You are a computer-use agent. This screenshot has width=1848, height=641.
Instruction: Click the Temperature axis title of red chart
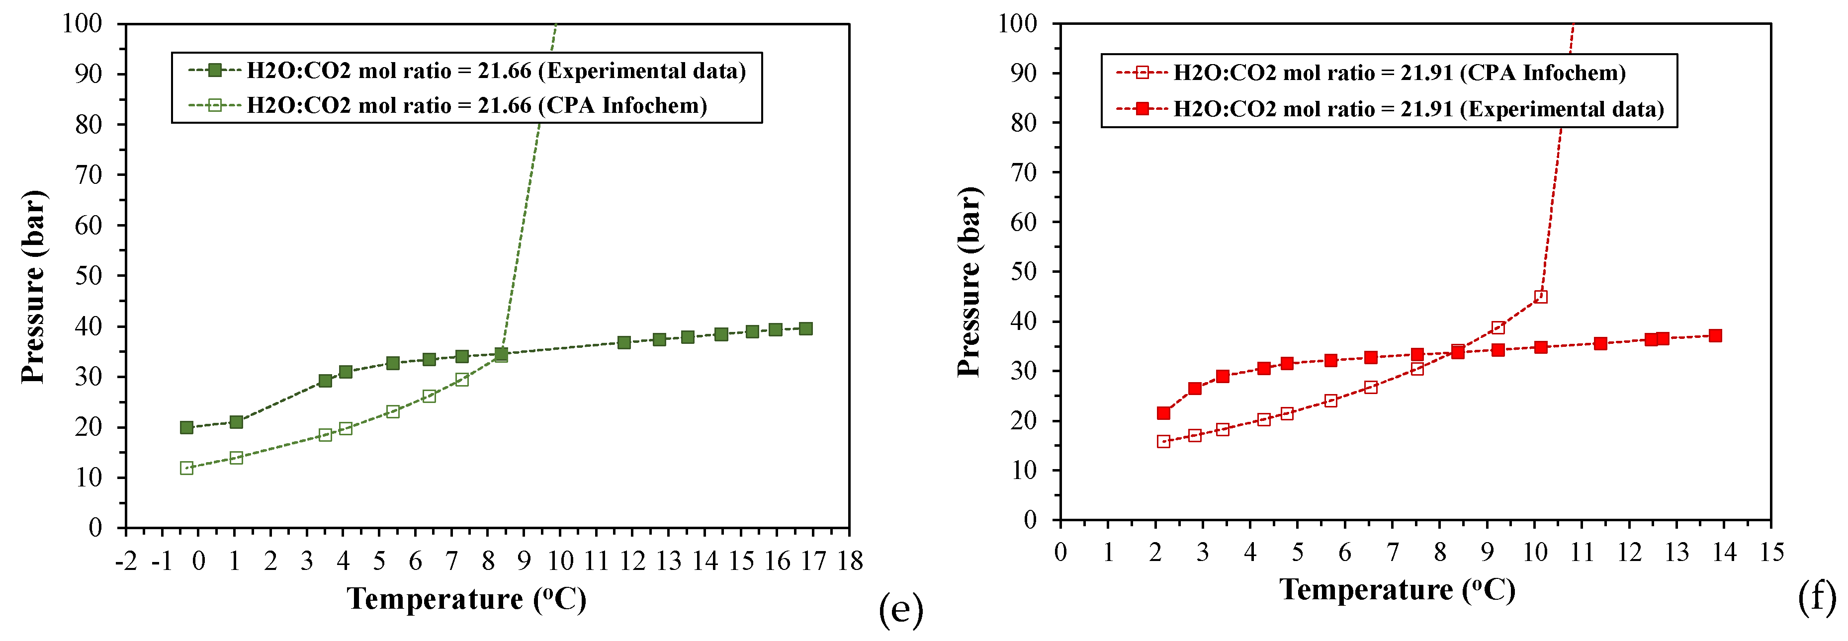pos(1397,590)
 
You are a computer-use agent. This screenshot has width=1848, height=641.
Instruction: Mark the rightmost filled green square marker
pos(805,328)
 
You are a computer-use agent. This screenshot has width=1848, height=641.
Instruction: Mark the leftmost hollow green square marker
pos(186,468)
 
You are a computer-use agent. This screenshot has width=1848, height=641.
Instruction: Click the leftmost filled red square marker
pos(1163,413)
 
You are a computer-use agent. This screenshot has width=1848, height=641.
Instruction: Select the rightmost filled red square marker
pos(1715,335)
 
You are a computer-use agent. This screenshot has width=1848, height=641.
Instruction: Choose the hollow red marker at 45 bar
pos(1540,297)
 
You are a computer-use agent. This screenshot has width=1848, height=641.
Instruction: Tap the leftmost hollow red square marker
pos(1163,442)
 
